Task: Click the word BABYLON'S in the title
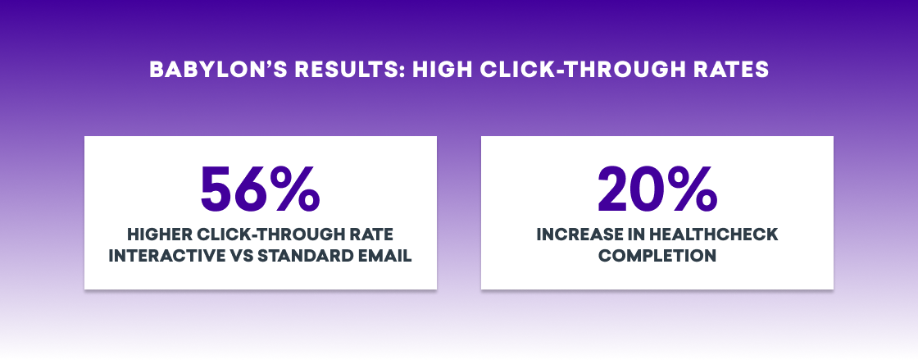click(216, 70)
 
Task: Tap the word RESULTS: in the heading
click(348, 70)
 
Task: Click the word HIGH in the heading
click(441, 70)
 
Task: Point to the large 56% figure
click(260, 189)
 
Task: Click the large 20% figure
click(657, 189)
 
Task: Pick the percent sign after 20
click(693, 189)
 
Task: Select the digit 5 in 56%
click(217, 189)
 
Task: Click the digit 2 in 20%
click(614, 189)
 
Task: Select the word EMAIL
click(383, 257)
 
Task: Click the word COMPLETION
click(657, 257)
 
